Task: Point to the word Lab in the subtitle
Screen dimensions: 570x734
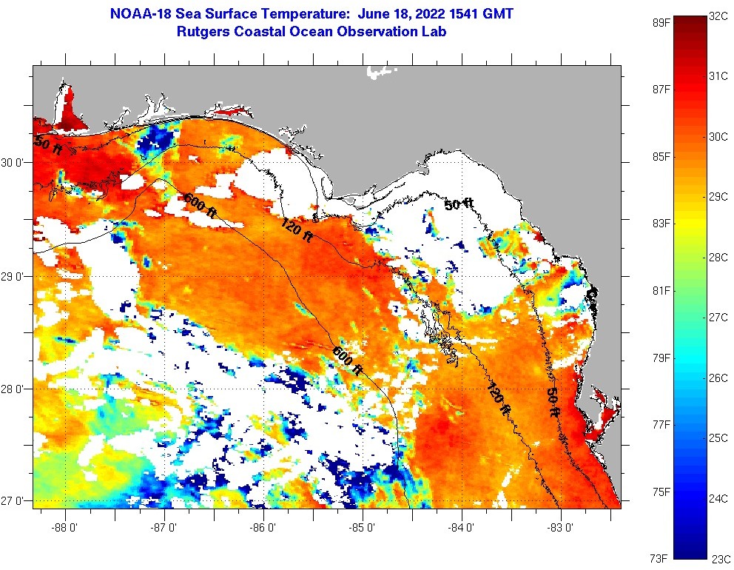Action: click(434, 32)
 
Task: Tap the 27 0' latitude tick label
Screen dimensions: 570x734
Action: click(12, 501)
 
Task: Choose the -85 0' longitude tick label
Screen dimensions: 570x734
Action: click(363, 528)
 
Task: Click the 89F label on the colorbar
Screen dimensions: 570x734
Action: click(661, 22)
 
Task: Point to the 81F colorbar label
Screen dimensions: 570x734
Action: click(661, 290)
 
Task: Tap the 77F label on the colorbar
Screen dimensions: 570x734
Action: click(661, 425)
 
